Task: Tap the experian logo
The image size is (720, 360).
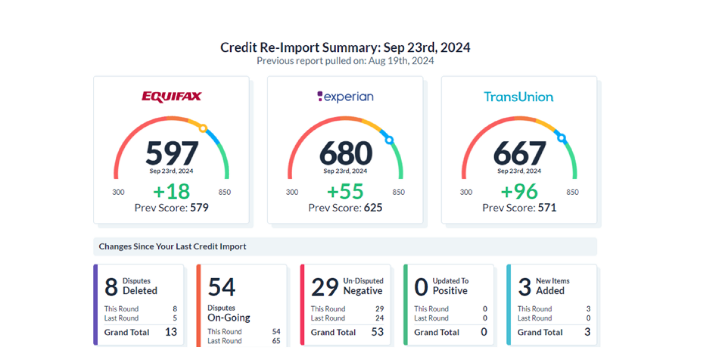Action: [345, 97]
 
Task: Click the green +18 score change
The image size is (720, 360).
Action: [171, 192]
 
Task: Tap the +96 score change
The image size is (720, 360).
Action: [519, 192]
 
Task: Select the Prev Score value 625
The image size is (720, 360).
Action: [373, 208]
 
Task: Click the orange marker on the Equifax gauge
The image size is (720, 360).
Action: [203, 128]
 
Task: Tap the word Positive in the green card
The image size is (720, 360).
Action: [450, 291]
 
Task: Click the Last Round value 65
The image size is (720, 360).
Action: [276, 341]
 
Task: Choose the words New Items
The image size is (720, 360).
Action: [552, 281]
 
